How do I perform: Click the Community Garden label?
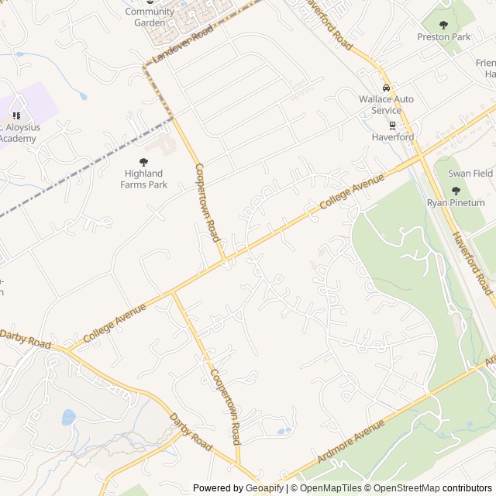[150, 17]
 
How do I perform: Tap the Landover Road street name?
[182, 45]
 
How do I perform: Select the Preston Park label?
[443, 36]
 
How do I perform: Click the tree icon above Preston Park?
[444, 24]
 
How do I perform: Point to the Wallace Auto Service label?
[386, 105]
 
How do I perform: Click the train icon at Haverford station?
[392, 125]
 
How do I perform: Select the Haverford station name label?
[392, 137]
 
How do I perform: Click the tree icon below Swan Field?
[456, 191]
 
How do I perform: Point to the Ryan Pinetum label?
[455, 203]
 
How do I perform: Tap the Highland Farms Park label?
[143, 179]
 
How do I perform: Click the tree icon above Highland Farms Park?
[143, 161]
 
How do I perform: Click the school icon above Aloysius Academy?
[15, 115]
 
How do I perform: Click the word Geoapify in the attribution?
[264, 488]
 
